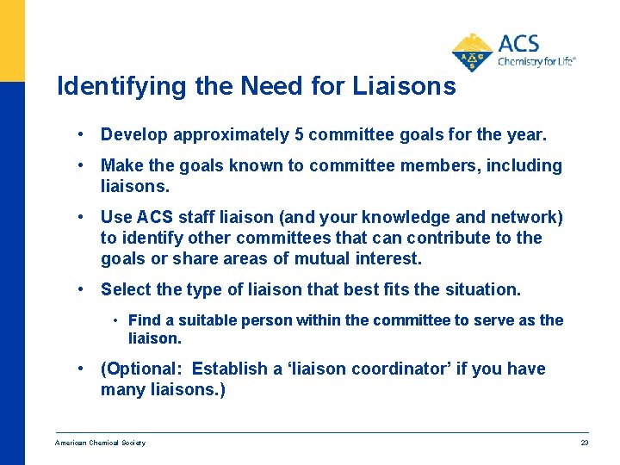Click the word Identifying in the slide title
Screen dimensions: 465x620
[x=108, y=87]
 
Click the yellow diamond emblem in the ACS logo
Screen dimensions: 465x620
[x=472, y=54]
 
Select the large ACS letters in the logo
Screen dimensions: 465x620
[x=518, y=43]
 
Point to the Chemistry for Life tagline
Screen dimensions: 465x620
[x=536, y=62]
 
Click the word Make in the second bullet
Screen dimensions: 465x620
[x=121, y=165]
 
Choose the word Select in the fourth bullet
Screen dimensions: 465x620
[x=126, y=289]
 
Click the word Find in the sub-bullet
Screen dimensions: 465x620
[x=143, y=320]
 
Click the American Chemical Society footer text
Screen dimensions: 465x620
[x=100, y=443]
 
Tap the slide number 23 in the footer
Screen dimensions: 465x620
[x=584, y=443]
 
